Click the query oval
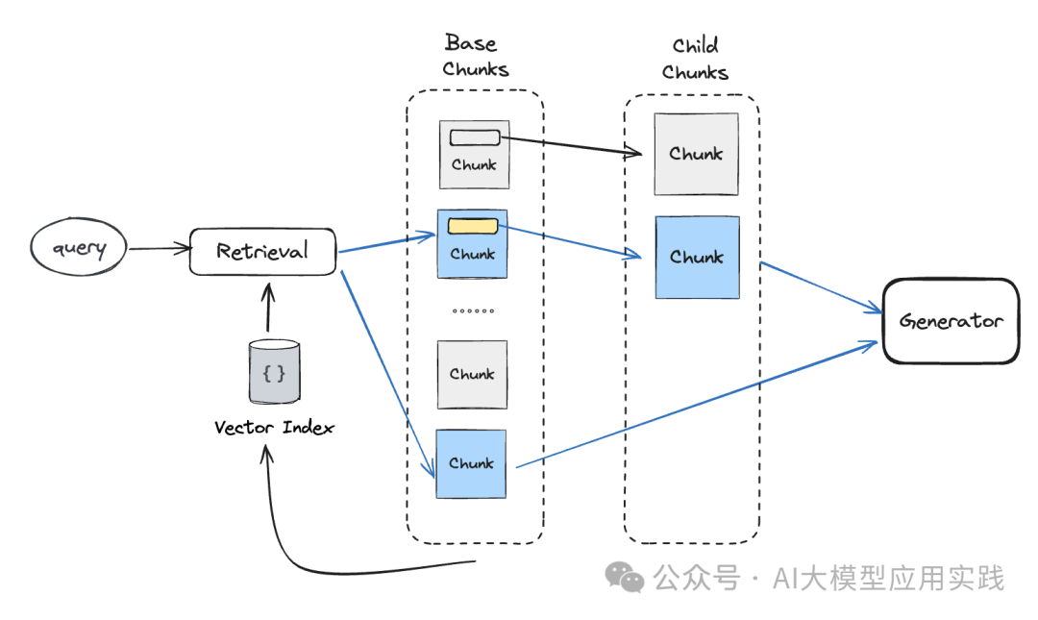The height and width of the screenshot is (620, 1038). coord(79,249)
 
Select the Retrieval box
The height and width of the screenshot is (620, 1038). coord(262,252)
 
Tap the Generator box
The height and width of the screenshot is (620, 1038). coord(951,321)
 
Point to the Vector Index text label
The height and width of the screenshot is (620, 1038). coord(274,427)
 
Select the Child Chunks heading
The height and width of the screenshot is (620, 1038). coord(695,59)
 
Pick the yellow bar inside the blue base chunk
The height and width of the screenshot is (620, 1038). coord(474,227)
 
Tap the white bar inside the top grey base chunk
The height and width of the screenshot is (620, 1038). coord(475,137)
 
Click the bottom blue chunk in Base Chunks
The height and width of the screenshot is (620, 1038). coord(471,463)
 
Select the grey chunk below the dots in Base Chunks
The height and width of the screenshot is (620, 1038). coord(472,374)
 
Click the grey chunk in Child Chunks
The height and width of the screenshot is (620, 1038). coord(696,154)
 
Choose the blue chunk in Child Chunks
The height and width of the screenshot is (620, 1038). coord(697,257)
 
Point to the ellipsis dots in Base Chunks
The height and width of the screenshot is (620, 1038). coord(472,311)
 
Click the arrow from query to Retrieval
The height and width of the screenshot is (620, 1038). coord(159,250)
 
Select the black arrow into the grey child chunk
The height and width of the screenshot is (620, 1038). coord(572,145)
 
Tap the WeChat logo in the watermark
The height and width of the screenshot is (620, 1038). coord(625,578)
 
